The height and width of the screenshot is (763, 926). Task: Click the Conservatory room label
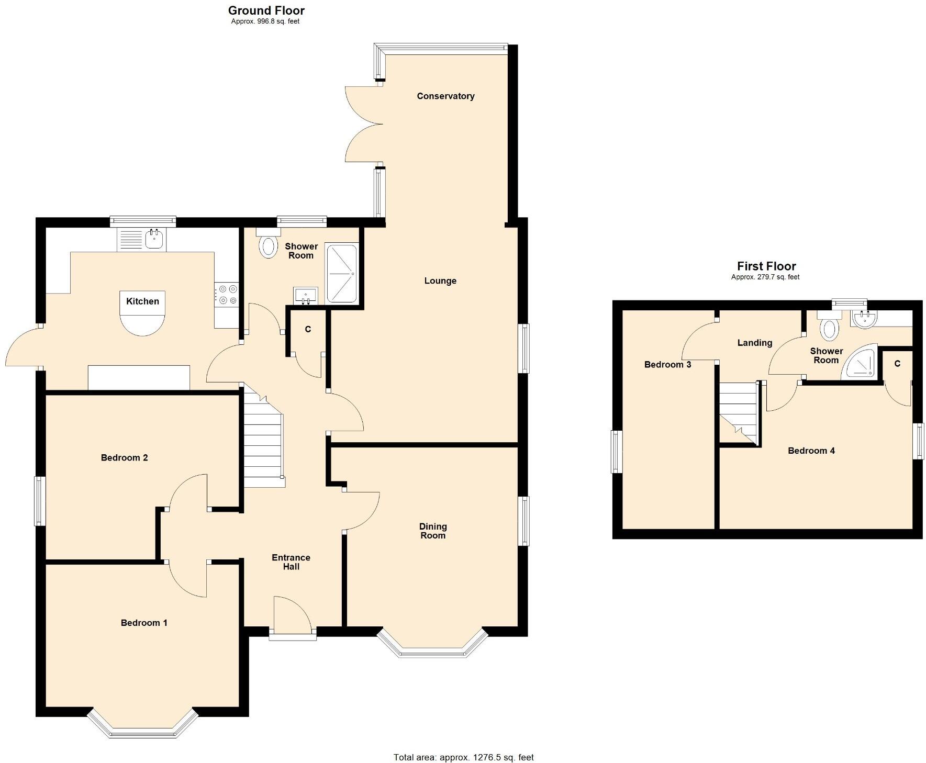445,96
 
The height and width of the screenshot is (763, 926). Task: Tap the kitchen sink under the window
154,240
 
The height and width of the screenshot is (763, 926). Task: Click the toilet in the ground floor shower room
269,246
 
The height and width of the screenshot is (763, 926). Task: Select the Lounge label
440,281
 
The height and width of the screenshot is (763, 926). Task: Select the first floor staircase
738,413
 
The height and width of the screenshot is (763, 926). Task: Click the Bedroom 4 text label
811,451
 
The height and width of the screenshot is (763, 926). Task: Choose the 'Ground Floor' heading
266,10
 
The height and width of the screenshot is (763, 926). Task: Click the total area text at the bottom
463,757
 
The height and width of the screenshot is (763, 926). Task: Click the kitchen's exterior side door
22,348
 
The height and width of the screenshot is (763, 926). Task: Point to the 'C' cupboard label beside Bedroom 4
897,364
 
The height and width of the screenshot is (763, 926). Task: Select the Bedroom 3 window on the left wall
617,452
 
